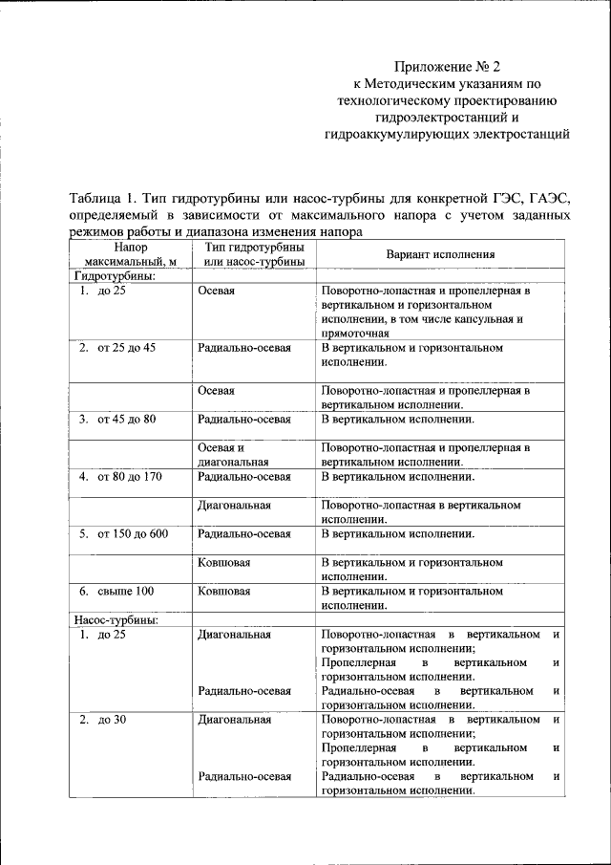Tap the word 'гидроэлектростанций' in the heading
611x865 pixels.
(448, 118)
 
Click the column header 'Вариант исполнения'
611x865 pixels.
(440, 254)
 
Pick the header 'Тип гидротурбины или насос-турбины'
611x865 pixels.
(254, 254)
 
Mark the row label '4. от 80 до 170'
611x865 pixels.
(120, 476)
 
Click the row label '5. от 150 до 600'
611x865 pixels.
(123, 533)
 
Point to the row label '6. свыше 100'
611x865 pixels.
(116, 591)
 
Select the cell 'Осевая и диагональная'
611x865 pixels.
(233, 454)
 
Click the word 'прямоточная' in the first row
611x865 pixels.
(355, 334)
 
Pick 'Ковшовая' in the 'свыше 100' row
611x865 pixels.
(224, 591)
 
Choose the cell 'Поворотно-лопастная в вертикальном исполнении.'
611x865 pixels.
(420, 511)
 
